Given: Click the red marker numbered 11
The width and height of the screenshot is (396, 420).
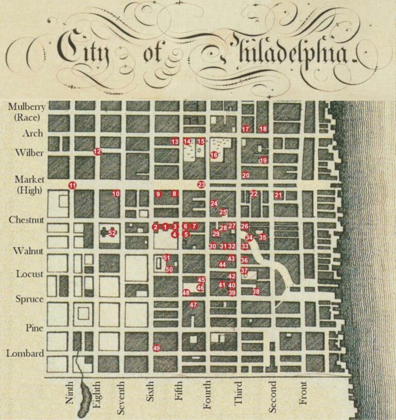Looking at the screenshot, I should (72, 185).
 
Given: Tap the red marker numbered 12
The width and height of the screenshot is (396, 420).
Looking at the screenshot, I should (97, 151).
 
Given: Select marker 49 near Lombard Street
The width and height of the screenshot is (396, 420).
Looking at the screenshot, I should (156, 348).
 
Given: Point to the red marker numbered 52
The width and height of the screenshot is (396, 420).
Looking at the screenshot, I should (112, 233).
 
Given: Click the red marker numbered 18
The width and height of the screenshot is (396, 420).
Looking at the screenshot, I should (263, 129).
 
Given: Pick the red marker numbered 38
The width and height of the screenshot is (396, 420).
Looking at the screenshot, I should (256, 292).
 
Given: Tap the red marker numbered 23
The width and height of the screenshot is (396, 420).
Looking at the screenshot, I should (201, 184).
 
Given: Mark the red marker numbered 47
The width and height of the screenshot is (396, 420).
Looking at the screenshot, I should (193, 305).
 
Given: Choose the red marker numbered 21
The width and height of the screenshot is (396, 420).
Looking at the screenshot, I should (278, 195).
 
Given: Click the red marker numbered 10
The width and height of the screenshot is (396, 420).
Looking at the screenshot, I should (116, 194).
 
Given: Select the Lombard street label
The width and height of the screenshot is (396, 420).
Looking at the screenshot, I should (25, 354).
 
